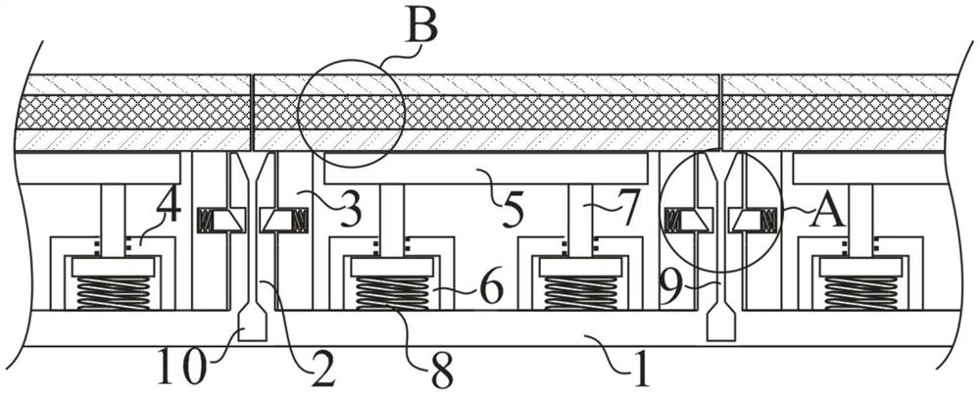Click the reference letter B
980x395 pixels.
coord(421,25)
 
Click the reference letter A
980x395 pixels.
coord(828,213)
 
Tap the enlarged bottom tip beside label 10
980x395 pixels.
coord(253,323)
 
